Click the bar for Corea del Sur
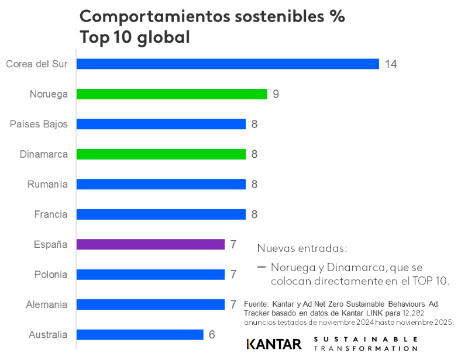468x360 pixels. (x=228, y=64)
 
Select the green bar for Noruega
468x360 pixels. (x=172, y=94)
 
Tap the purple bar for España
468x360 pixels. (x=151, y=244)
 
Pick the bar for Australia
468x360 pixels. (x=140, y=335)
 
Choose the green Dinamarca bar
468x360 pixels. (x=161, y=154)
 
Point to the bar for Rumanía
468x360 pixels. (x=161, y=184)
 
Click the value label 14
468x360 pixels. (x=391, y=64)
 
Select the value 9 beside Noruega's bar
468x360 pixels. (x=276, y=94)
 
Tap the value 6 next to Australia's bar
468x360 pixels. (x=212, y=335)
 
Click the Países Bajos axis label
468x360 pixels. (x=39, y=124)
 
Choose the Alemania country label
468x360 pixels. (x=47, y=304)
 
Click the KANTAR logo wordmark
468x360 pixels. (x=274, y=344)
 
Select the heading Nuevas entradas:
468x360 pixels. (x=302, y=248)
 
